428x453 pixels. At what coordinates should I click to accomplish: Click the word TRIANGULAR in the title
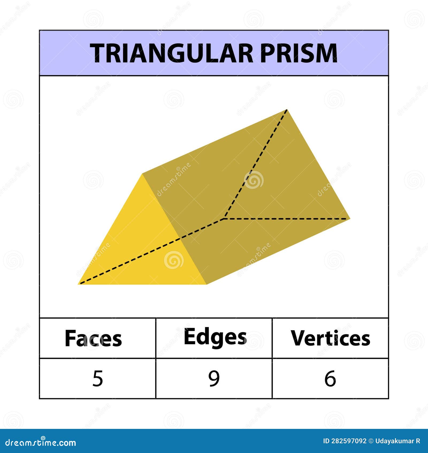pyautogui.click(x=171, y=53)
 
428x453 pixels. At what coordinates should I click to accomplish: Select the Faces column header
pyautogui.click(x=93, y=339)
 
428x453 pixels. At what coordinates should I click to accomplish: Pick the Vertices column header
pyautogui.click(x=330, y=338)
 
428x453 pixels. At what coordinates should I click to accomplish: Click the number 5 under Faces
pyautogui.click(x=98, y=378)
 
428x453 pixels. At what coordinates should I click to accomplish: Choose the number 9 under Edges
pyautogui.click(x=214, y=378)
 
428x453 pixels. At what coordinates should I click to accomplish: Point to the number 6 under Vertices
pyautogui.click(x=330, y=378)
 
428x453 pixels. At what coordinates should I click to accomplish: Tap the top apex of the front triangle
pyautogui.click(x=142, y=174)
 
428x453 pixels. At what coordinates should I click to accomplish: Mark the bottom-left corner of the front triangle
pyautogui.click(x=78, y=284)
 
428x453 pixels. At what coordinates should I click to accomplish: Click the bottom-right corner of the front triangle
pyautogui.click(x=206, y=284)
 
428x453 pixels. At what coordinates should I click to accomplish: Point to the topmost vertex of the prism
pyautogui.click(x=287, y=109)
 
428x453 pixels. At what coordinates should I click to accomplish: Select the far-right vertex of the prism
pyautogui.click(x=350, y=219)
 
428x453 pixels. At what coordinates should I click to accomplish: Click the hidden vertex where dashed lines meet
pyautogui.click(x=224, y=219)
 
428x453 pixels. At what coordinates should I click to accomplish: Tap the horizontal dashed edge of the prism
pyautogui.click(x=287, y=219)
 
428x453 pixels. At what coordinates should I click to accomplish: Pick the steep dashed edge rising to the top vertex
pyautogui.click(x=255, y=164)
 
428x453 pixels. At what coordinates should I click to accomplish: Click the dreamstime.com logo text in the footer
pyautogui.click(x=41, y=443)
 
